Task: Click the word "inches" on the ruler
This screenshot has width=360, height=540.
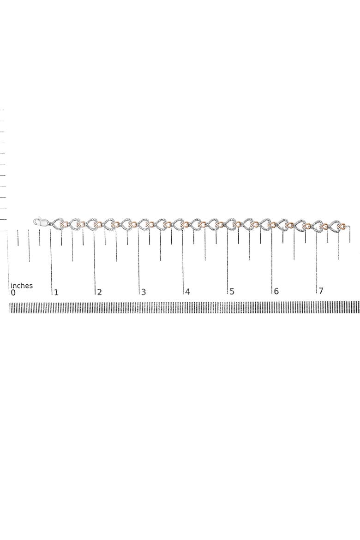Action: click(x=22, y=286)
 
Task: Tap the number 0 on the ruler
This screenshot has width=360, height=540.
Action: click(x=13, y=293)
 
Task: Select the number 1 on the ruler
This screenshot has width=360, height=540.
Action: click(x=56, y=293)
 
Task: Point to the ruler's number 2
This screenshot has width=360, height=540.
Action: click(x=100, y=293)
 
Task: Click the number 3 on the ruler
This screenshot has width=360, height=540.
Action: click(x=144, y=292)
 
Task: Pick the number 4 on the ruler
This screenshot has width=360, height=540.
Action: click(x=187, y=292)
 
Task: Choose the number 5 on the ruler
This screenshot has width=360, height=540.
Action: click(x=232, y=292)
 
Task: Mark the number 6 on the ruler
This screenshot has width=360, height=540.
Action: click(x=276, y=291)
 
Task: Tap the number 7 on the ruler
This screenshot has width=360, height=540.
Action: click(x=321, y=291)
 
